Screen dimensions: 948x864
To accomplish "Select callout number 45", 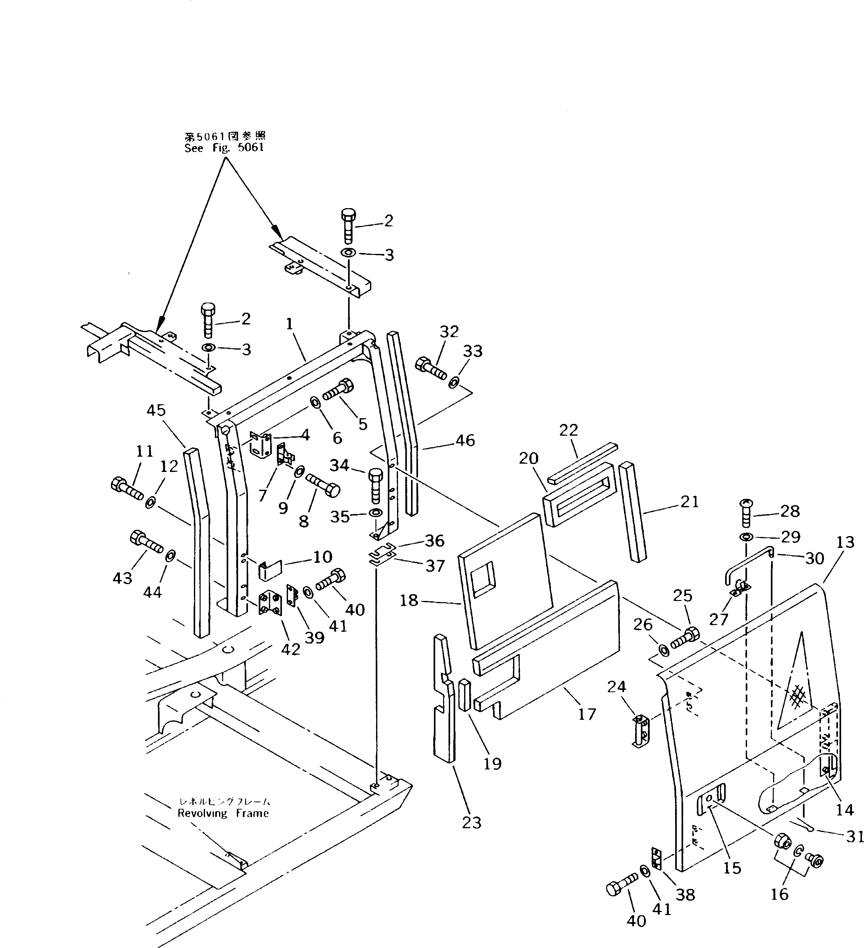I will point(156,411).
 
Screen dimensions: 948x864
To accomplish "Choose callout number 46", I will point(465,440).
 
